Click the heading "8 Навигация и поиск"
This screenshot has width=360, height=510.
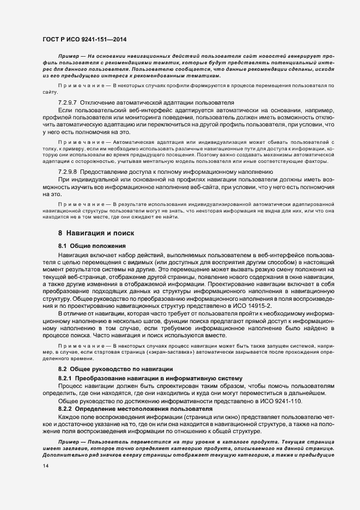coord(96,233)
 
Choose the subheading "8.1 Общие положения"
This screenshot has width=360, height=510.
coord(88,246)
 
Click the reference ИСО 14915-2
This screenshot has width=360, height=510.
coord(254,307)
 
